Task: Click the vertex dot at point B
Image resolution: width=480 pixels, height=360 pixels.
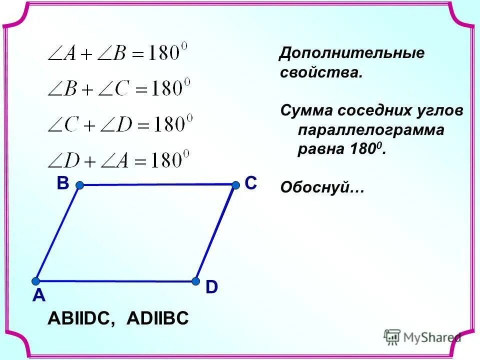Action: [79, 185]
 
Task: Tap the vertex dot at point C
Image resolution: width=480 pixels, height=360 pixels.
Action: [235, 185]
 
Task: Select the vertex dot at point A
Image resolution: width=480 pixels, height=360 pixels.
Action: [36, 281]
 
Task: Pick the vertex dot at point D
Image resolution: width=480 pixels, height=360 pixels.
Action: [194, 281]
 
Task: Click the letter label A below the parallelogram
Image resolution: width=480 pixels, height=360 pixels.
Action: [39, 296]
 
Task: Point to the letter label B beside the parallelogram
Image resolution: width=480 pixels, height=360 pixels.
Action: [62, 183]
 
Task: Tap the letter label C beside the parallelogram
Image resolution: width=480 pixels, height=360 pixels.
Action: [250, 183]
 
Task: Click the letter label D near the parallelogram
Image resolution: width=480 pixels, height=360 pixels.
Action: [211, 287]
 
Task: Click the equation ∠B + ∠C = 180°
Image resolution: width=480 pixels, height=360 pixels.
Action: [119, 89]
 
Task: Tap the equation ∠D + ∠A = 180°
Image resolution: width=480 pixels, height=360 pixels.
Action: [119, 159]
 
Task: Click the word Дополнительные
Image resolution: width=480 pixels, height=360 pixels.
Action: [351, 53]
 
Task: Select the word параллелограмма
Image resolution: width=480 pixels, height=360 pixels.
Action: [371, 130]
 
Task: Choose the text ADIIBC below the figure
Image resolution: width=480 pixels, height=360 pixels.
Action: [157, 318]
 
